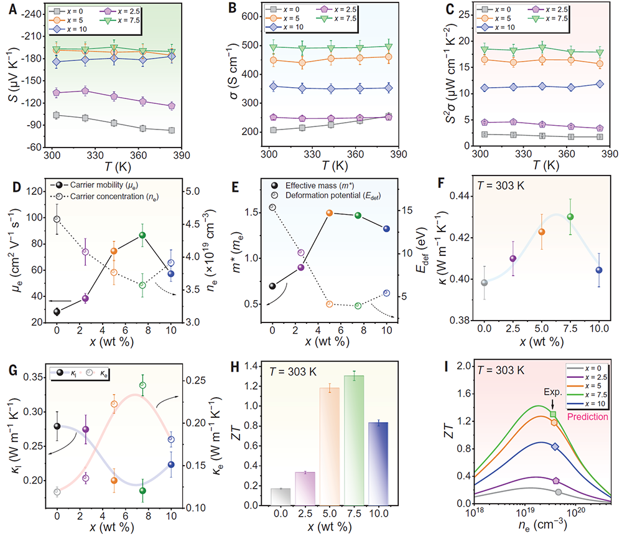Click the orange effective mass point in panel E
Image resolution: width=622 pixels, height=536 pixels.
coord(330,213)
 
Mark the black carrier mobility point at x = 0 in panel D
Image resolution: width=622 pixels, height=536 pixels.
coord(57,312)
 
